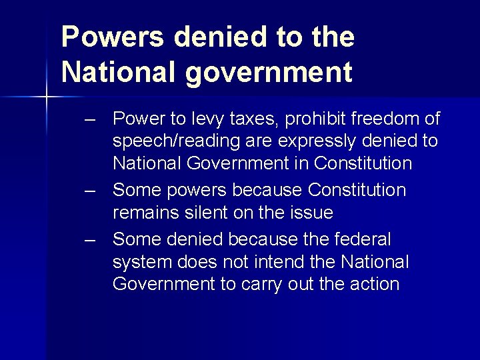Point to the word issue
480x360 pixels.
tap(309, 213)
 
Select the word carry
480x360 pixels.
tap(263, 285)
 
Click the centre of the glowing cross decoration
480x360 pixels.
tap(47, 98)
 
